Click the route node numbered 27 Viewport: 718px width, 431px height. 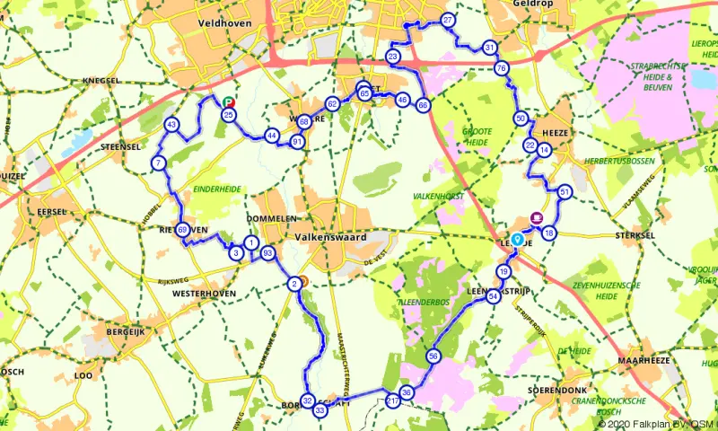coord(448,20)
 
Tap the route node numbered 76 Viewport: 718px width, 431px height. coord(502,68)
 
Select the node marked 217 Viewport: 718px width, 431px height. coord(392,402)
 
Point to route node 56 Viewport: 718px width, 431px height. coord(433,356)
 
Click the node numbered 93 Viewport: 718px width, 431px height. coord(267,255)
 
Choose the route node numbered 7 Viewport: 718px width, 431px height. coord(159,163)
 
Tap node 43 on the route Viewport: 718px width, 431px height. coord(171,125)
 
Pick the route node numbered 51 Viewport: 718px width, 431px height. coord(565,192)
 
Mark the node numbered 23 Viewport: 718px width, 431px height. coord(393,57)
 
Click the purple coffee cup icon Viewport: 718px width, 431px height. coord(537,218)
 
